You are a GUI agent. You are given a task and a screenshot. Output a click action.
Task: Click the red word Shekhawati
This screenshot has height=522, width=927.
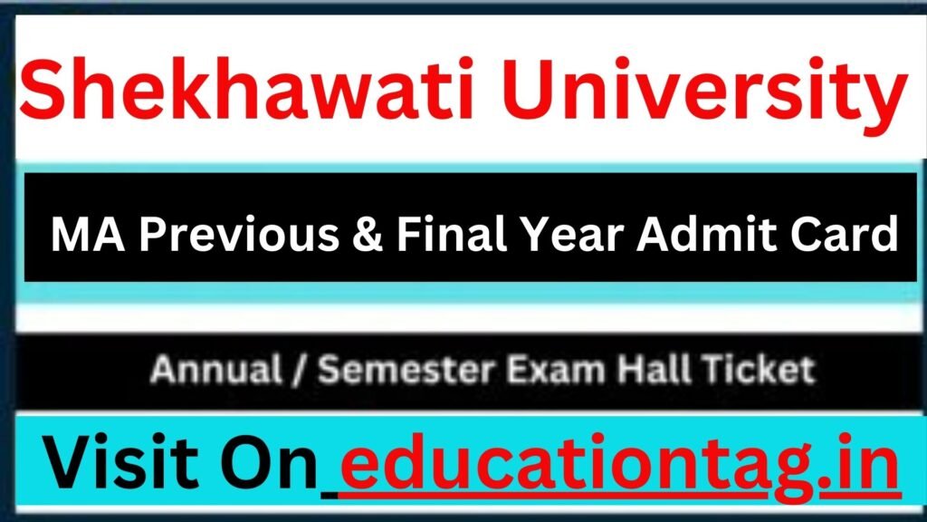click(246, 89)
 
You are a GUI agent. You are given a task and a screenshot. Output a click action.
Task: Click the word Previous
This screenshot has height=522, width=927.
click(239, 235)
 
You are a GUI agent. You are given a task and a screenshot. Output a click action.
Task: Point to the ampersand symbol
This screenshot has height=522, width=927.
click(368, 235)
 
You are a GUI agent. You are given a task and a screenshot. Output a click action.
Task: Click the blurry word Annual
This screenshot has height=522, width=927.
click(215, 370)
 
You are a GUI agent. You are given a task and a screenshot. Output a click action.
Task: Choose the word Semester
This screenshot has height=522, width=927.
click(406, 370)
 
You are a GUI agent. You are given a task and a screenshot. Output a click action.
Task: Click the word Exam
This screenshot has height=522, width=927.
click(556, 370)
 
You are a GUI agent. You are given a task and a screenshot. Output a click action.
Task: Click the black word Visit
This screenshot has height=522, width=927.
click(121, 461)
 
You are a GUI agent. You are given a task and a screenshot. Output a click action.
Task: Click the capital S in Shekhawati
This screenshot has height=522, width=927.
click(43, 89)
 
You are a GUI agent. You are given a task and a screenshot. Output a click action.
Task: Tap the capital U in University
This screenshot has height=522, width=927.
click(528, 90)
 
